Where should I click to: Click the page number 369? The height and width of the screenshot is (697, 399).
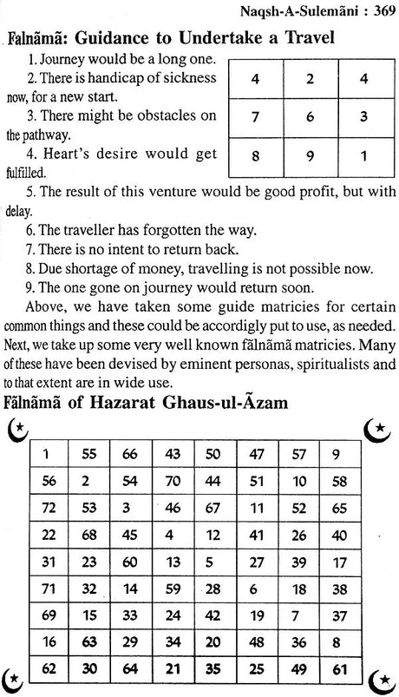(378, 11)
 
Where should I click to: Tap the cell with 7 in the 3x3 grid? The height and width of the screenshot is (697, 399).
(255, 115)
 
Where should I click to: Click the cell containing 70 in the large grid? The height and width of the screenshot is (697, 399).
(174, 480)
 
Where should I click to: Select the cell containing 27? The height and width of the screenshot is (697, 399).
(257, 561)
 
